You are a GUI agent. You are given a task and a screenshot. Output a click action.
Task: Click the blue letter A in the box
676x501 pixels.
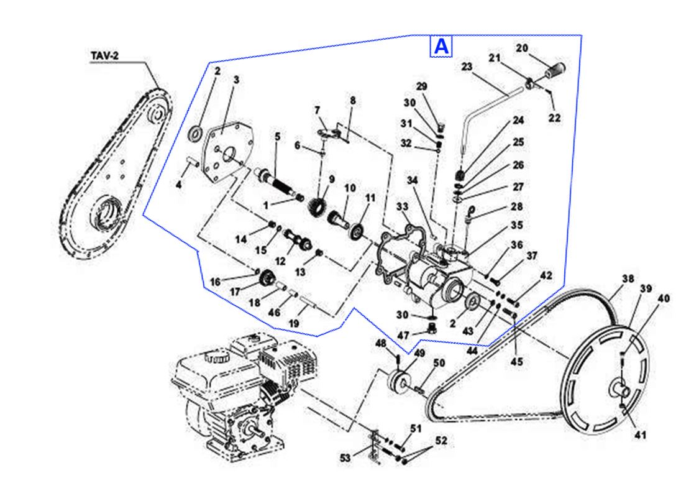[441, 47]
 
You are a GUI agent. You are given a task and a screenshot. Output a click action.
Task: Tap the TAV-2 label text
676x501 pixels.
[104, 55]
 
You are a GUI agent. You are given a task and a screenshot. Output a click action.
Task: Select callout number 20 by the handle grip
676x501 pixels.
[521, 48]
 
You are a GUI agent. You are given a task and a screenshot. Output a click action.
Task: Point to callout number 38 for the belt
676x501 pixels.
[628, 278]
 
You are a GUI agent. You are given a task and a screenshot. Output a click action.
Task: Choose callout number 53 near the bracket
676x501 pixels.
[345, 458]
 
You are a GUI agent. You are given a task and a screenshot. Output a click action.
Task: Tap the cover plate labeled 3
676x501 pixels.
[224, 152]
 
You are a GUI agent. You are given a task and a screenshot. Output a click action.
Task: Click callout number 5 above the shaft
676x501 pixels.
[277, 136]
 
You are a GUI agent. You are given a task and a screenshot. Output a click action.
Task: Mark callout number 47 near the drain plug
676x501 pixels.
[403, 335]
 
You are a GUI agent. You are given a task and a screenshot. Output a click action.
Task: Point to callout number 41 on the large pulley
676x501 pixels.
[639, 434]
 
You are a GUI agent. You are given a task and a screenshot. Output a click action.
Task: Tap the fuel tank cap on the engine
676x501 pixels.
[216, 357]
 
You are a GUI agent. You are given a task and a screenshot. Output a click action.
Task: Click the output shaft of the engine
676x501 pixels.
[252, 428]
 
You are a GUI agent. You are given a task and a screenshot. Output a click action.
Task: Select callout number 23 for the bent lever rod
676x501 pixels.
[467, 67]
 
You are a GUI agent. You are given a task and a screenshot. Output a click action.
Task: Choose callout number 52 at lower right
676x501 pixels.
[441, 441]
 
